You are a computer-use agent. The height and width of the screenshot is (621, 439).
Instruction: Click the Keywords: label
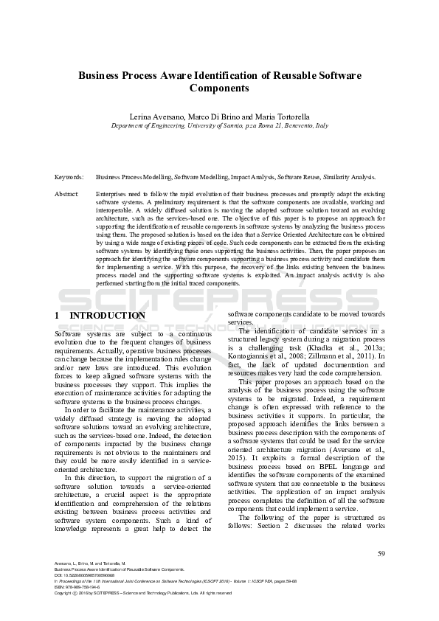coord(69,177)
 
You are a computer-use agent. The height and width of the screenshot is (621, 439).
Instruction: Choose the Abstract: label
coord(67,193)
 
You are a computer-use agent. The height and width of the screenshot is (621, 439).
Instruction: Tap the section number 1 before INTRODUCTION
coord(58,316)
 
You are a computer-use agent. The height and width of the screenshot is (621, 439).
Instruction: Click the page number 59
coord(381,554)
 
